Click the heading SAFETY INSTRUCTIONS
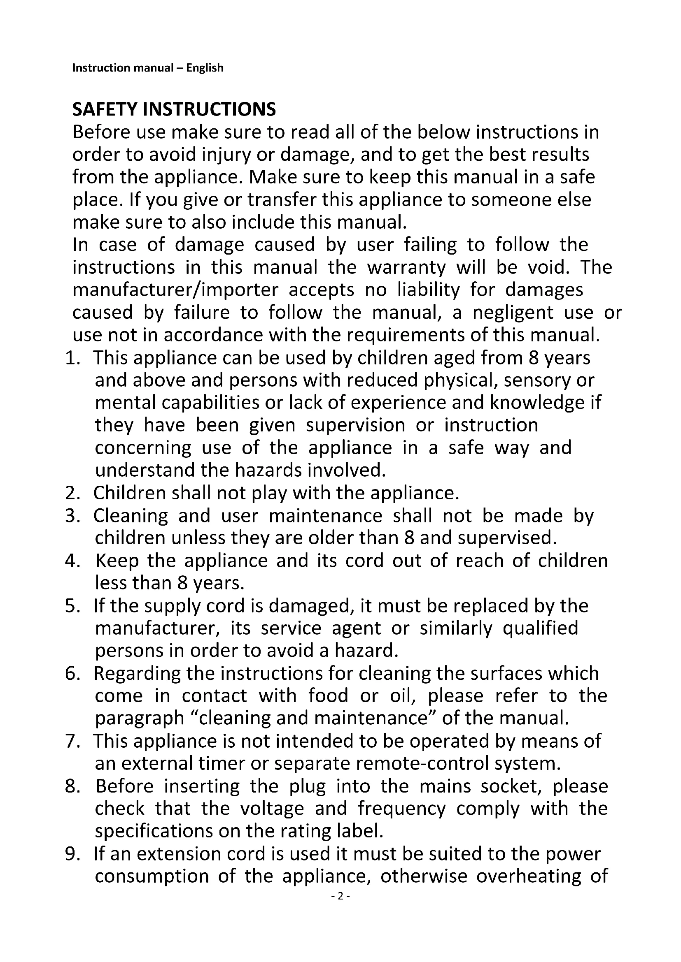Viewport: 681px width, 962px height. click(x=174, y=109)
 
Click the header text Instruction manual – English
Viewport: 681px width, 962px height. click(x=148, y=68)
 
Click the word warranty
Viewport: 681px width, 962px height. click(x=406, y=268)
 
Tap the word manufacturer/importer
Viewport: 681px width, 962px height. click(x=175, y=290)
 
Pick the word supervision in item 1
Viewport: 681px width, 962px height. click(x=355, y=426)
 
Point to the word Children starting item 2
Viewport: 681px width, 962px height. click(x=130, y=493)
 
